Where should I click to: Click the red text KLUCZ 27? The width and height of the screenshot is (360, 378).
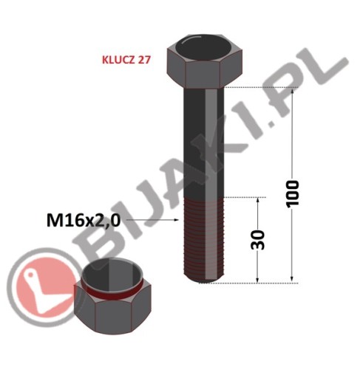pyautogui.click(x=126, y=60)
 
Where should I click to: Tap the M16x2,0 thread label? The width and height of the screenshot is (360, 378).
pyautogui.click(x=84, y=220)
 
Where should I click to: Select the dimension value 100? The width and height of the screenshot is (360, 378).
pyautogui.click(x=292, y=194)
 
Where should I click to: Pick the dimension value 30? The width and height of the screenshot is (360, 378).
pyautogui.click(x=257, y=240)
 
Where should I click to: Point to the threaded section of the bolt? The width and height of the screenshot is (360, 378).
pyautogui.click(x=204, y=240)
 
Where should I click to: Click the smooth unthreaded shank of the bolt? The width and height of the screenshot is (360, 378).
pyautogui.click(x=204, y=142)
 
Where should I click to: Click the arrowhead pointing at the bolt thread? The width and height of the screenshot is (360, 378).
pyautogui.click(x=175, y=220)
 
